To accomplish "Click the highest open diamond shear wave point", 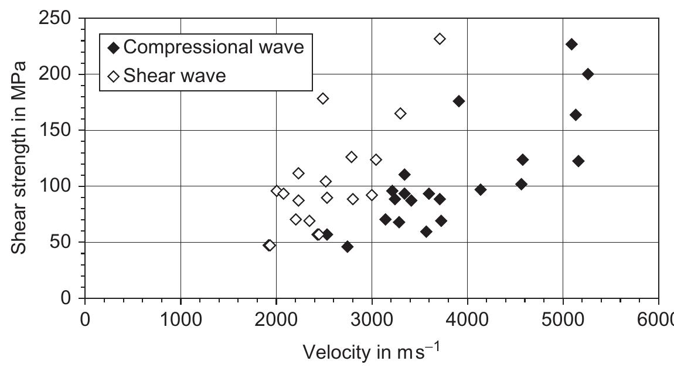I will point(440,39).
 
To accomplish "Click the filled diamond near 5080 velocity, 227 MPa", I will point(571,44).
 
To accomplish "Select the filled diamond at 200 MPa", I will point(588,74).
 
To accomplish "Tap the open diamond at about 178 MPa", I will point(323,98).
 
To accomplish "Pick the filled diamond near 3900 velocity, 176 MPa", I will point(459,101).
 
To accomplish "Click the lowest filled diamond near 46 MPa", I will point(348,246).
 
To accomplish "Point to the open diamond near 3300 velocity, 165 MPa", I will point(400,113).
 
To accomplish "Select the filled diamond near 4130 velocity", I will point(481,189).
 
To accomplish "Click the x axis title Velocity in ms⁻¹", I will point(372,352).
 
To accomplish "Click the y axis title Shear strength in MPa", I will point(19,158).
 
